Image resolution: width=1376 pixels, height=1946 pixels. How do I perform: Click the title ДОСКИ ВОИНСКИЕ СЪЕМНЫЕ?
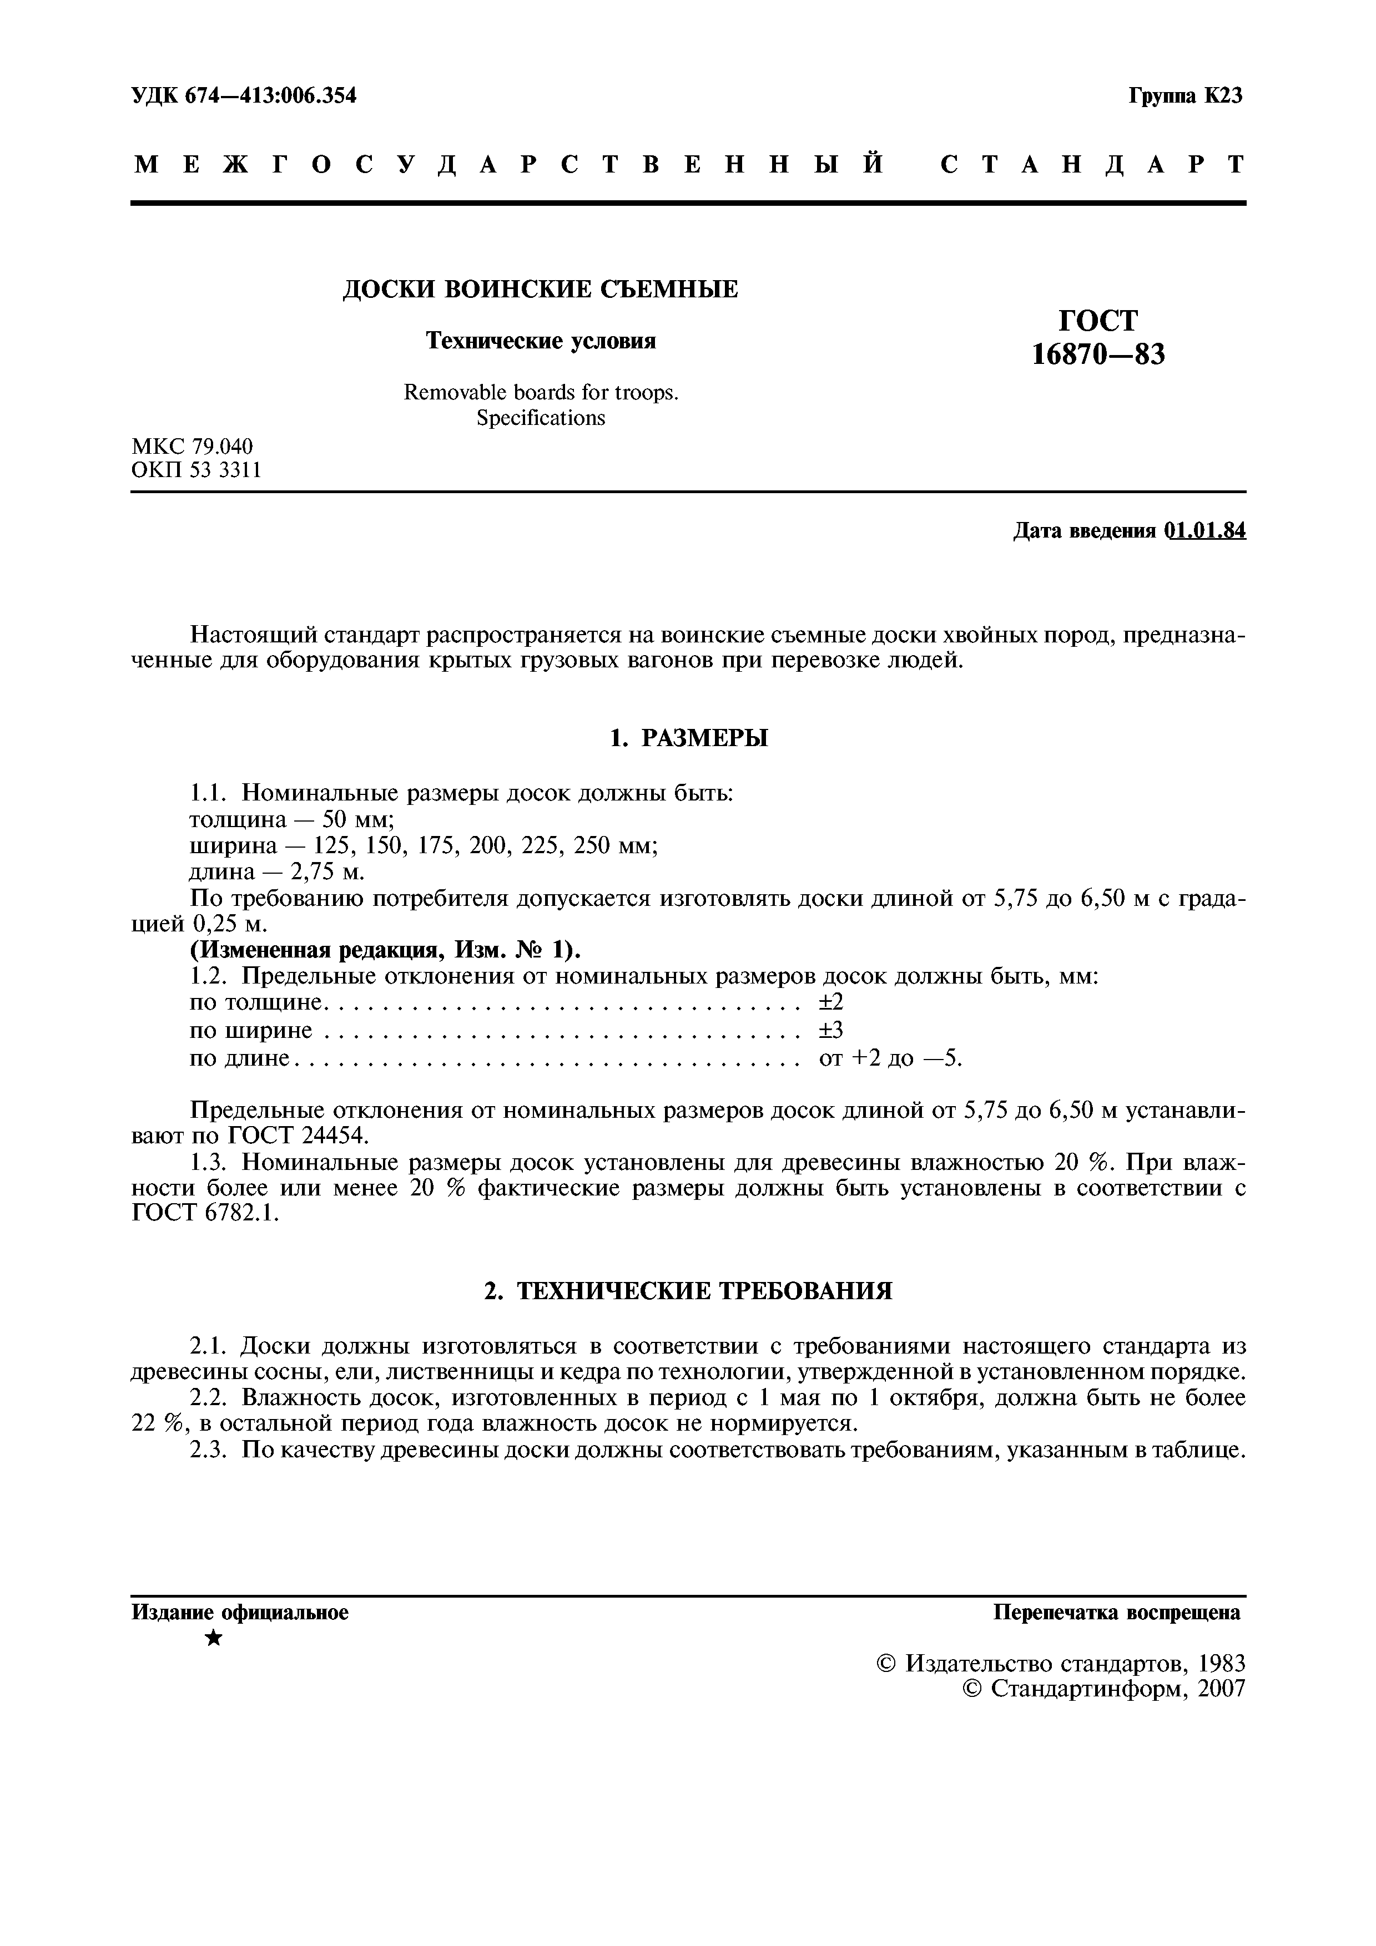click(540, 290)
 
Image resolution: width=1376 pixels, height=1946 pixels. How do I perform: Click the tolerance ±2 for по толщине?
click(831, 1002)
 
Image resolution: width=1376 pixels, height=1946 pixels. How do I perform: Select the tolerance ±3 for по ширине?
click(831, 1031)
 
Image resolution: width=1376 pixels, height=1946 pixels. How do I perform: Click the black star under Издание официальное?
click(214, 1639)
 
